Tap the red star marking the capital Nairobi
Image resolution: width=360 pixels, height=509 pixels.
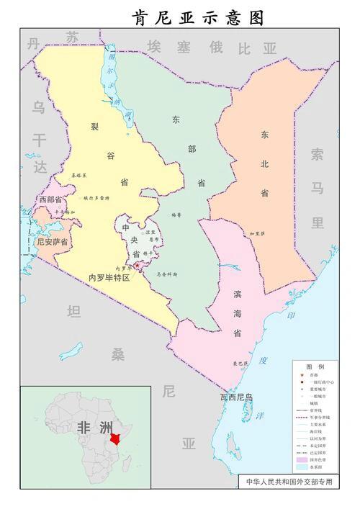click(x=137, y=266)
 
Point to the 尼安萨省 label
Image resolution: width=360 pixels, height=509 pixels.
click(x=52, y=242)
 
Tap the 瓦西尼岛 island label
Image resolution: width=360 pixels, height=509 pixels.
click(x=237, y=397)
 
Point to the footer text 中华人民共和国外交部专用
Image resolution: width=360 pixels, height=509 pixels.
click(x=289, y=482)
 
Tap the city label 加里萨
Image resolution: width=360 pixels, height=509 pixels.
click(x=257, y=234)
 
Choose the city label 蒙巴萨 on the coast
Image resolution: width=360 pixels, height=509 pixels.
click(x=239, y=364)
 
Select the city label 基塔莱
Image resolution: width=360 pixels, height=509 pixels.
click(x=79, y=175)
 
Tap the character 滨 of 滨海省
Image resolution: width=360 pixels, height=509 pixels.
click(x=237, y=295)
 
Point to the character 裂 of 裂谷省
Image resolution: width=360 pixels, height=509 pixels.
click(x=94, y=127)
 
